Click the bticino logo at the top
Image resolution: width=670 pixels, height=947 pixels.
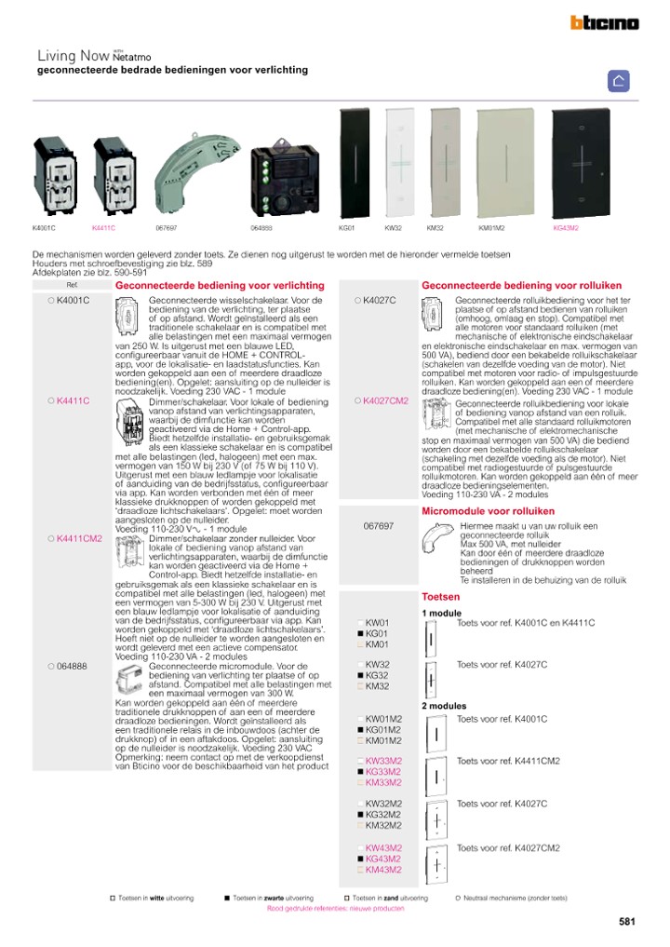pos(604,23)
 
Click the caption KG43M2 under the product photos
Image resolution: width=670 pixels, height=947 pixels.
pos(566,227)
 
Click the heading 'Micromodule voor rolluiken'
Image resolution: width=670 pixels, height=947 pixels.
pos(489,511)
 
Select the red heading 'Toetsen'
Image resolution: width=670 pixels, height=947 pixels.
pos(440,596)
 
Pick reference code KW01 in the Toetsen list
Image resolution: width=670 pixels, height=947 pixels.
pos(377,622)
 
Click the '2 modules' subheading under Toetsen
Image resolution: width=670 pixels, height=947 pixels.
pos(444,706)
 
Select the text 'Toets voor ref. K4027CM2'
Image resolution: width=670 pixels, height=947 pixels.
pos(507,848)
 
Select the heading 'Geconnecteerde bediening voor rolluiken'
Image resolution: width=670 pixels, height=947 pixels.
pos(522,285)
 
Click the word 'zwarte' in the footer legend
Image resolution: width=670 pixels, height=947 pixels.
pos(275,899)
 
